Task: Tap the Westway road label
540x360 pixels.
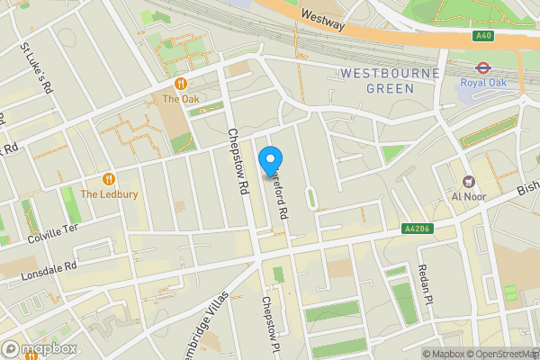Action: pyautogui.click(x=323, y=20)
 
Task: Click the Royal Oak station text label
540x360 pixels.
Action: pyautogui.click(x=482, y=83)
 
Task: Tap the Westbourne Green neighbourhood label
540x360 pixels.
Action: pyautogui.click(x=390, y=80)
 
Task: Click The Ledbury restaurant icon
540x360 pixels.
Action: pyautogui.click(x=109, y=177)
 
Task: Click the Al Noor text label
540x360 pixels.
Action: pyautogui.click(x=468, y=195)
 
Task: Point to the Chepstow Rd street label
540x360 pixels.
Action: pyautogui.click(x=238, y=163)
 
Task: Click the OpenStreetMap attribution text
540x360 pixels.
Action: pyautogui.click(x=500, y=354)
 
